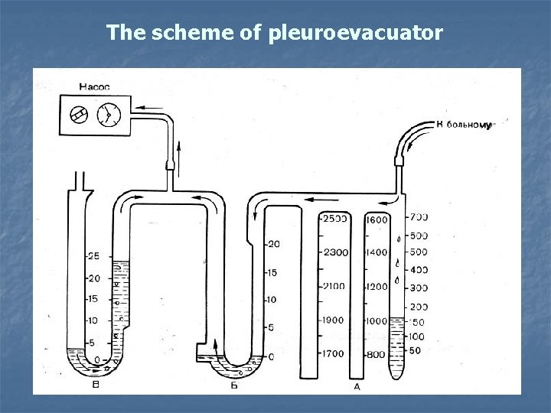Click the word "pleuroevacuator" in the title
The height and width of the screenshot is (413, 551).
coord(355,34)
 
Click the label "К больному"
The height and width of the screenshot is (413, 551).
coord(462,125)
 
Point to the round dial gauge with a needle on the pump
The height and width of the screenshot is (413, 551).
coord(106,114)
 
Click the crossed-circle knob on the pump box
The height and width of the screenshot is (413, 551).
coord(77,114)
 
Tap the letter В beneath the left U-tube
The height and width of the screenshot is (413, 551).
coord(95,385)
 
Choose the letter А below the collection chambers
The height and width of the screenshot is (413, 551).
coord(357,387)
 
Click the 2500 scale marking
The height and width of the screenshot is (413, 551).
coord(334,219)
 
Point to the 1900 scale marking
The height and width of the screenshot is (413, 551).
coord(334,320)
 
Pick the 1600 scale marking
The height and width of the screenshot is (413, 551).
coord(378,220)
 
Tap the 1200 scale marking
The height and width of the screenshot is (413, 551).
coord(378,286)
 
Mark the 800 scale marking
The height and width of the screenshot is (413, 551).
coord(376,354)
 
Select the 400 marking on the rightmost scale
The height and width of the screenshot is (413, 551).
coord(419,269)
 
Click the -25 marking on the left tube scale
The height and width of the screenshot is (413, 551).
coord(92,255)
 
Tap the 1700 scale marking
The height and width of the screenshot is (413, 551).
coord(334,354)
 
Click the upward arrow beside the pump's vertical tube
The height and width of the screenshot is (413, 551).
coord(179,151)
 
